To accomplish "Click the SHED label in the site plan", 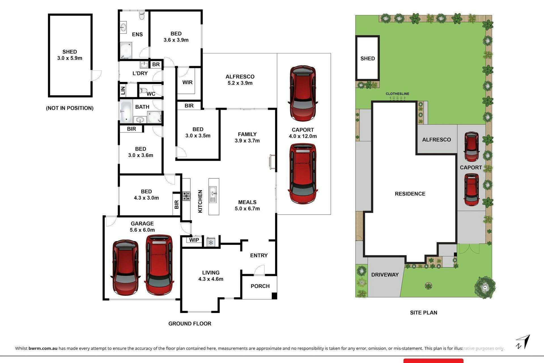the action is (367, 58).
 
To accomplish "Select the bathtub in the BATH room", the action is (126, 112).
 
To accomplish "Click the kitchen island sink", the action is (213, 194).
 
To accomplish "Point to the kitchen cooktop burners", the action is (186, 196).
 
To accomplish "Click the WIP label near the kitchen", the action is (194, 240).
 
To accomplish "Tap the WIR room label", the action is (187, 82).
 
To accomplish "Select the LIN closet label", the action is (123, 91).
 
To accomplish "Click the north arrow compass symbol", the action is (523, 342).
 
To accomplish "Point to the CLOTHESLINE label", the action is (397, 94).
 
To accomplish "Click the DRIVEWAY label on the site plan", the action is (385, 275).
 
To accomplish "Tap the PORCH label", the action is (260, 286).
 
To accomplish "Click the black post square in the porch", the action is (274, 296).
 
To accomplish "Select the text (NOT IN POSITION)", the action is (70, 108).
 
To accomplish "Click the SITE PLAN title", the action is (424, 313).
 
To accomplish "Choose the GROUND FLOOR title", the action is (190, 324).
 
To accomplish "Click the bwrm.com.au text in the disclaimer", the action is (43, 348).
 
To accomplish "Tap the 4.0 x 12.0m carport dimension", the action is (303, 136).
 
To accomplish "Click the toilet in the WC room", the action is (143, 91).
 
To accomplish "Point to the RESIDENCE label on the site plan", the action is (410, 194).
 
